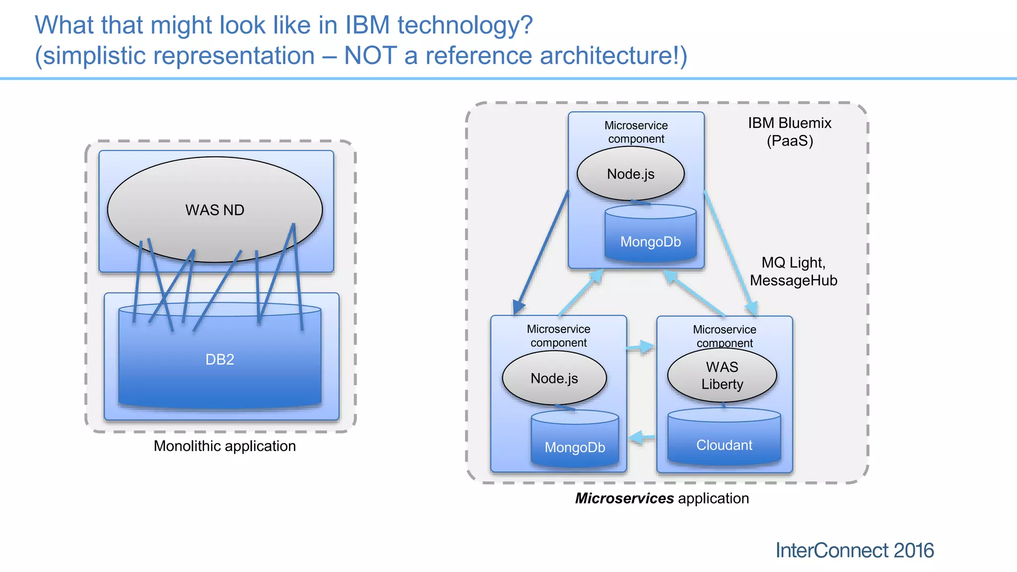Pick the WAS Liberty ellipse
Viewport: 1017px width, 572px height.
tap(722, 375)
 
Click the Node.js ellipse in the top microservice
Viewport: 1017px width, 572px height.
tap(631, 174)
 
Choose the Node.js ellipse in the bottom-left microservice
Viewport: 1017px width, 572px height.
tap(554, 378)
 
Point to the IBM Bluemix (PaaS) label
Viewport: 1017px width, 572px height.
tap(790, 132)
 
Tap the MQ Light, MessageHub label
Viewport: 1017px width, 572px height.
tap(793, 271)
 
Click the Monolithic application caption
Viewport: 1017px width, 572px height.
tap(224, 446)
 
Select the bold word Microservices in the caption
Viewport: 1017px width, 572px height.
tap(624, 498)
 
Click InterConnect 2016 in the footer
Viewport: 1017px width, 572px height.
tap(854, 550)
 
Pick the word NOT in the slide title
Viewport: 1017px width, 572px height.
tap(370, 55)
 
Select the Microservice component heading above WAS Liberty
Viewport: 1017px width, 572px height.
tap(725, 336)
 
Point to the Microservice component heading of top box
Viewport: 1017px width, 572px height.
tap(636, 132)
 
